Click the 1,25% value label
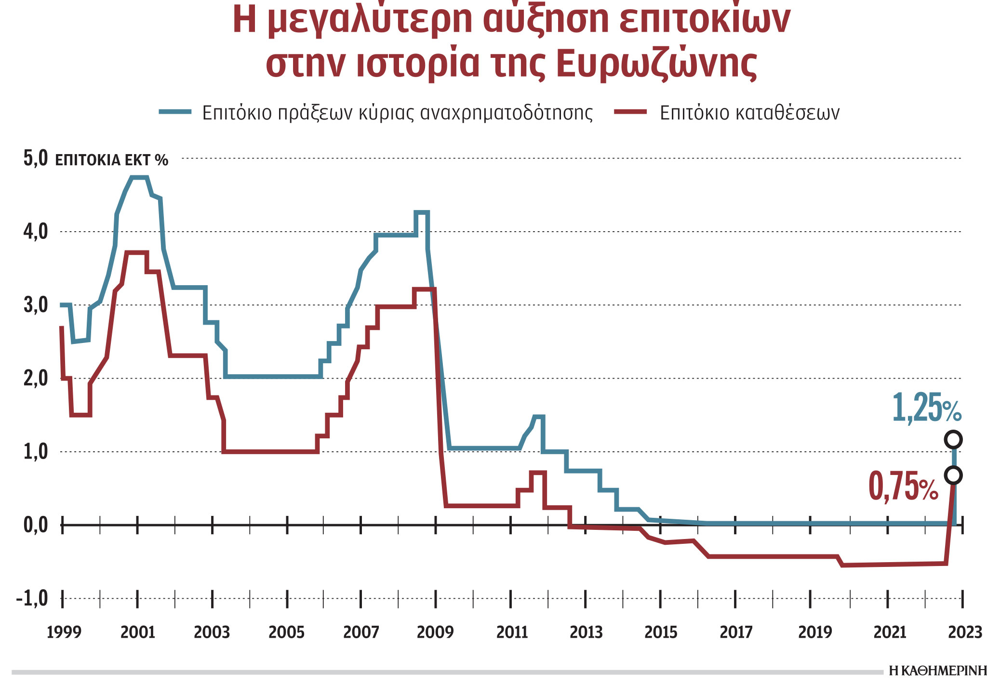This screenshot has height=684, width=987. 926,408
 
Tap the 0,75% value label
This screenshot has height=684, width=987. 903,487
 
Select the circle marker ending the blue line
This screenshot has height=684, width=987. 953,439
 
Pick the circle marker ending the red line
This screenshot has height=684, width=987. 953,475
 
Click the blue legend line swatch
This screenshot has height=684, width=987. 175,112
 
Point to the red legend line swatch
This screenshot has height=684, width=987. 630,112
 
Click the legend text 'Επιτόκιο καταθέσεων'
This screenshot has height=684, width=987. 749,113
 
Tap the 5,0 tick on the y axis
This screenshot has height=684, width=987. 36,158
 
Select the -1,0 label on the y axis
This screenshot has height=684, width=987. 32,599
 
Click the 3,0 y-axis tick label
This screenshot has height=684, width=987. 36,305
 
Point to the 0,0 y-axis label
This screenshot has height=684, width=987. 36,525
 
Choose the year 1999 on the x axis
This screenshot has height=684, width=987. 64,632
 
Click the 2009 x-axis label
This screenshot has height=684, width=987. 435,632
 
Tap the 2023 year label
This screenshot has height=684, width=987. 965,632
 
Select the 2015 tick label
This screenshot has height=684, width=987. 661,632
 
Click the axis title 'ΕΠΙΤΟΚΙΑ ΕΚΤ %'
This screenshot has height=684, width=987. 112,160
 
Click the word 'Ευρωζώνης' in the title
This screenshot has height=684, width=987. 656,64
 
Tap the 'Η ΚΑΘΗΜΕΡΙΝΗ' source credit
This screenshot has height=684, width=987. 937,671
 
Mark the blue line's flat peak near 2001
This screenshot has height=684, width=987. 139,178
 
